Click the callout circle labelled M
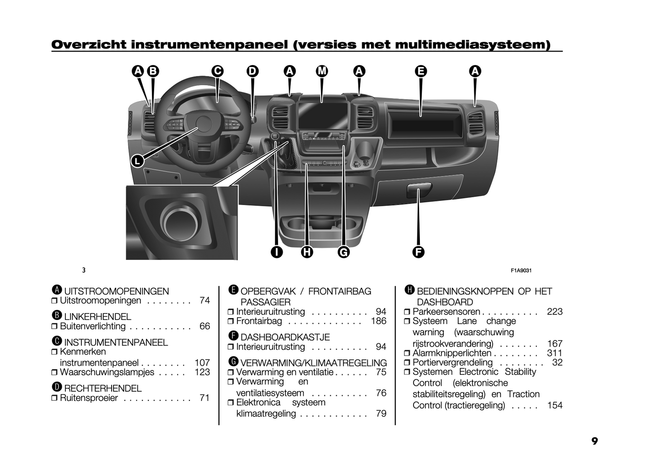click(x=322, y=71)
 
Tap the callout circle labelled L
click(x=137, y=161)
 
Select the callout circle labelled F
click(x=418, y=252)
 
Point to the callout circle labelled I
click(x=276, y=252)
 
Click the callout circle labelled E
click(x=421, y=71)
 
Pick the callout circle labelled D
click(x=253, y=71)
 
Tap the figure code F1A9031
click(x=521, y=270)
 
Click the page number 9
click(x=594, y=441)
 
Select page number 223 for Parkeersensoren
click(x=555, y=312)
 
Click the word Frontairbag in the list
click(x=259, y=321)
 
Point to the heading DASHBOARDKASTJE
click(x=285, y=337)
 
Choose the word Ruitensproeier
click(x=89, y=398)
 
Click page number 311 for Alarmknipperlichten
click(x=555, y=353)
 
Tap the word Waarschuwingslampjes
click(x=107, y=372)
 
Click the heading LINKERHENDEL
click(x=98, y=317)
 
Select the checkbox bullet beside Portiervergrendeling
click(x=407, y=362)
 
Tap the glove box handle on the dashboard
click(x=419, y=190)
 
